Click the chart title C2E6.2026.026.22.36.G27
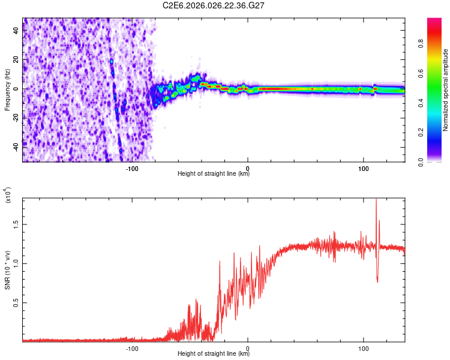pyautogui.click(x=214, y=5)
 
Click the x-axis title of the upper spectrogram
pyautogui.click(x=214, y=174)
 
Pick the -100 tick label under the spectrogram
pyautogui.click(x=133, y=168)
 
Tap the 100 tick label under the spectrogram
pyautogui.click(x=363, y=168)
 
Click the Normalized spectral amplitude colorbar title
pyautogui.click(x=445, y=90)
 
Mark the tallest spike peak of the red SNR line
pyautogui.click(x=376, y=200)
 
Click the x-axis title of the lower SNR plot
pyautogui.click(x=214, y=354)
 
